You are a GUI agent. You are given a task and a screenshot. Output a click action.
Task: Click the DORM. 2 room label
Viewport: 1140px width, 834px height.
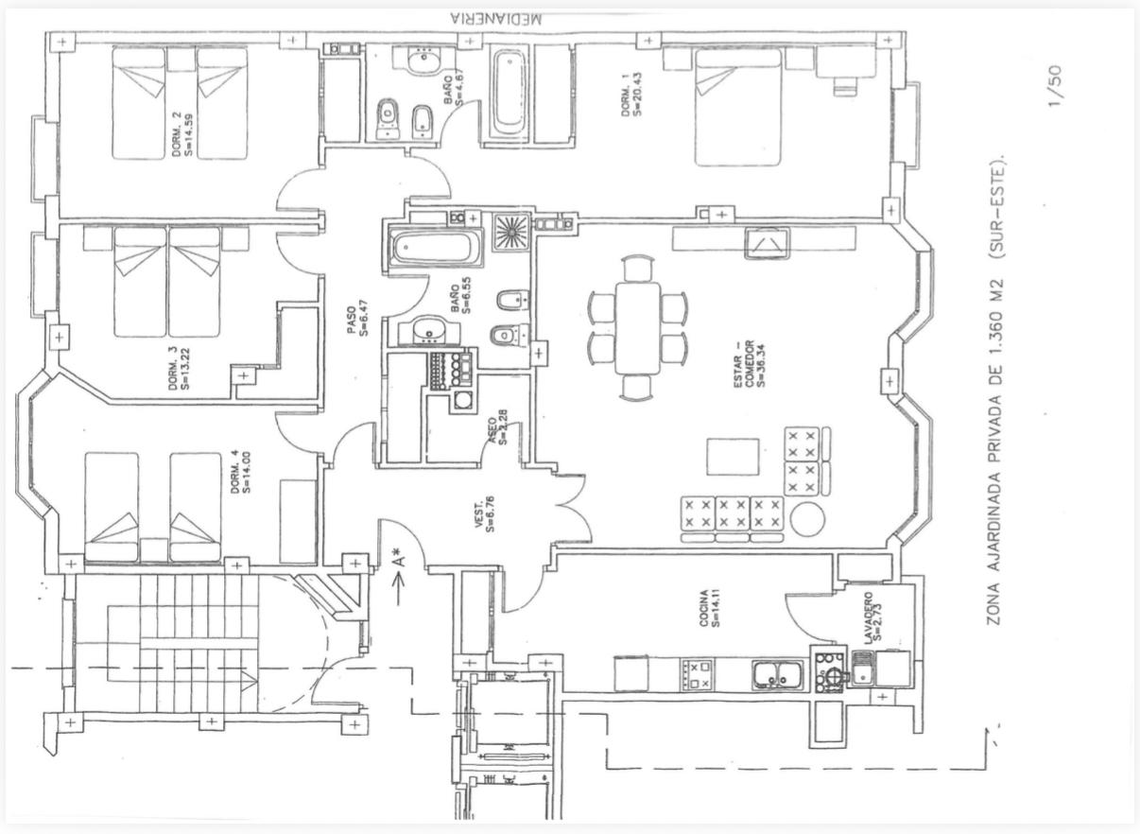coord(181,135)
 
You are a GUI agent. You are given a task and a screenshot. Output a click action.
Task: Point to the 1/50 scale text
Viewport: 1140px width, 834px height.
coord(1057,86)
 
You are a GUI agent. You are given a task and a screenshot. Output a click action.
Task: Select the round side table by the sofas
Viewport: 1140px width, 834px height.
coord(808,519)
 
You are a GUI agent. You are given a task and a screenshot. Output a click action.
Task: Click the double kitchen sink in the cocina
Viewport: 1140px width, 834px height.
coord(778,674)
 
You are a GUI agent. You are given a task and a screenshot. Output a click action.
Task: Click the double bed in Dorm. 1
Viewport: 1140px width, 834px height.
coord(738,106)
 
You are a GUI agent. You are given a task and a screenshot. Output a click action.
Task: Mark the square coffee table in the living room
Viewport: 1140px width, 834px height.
coord(732,457)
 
